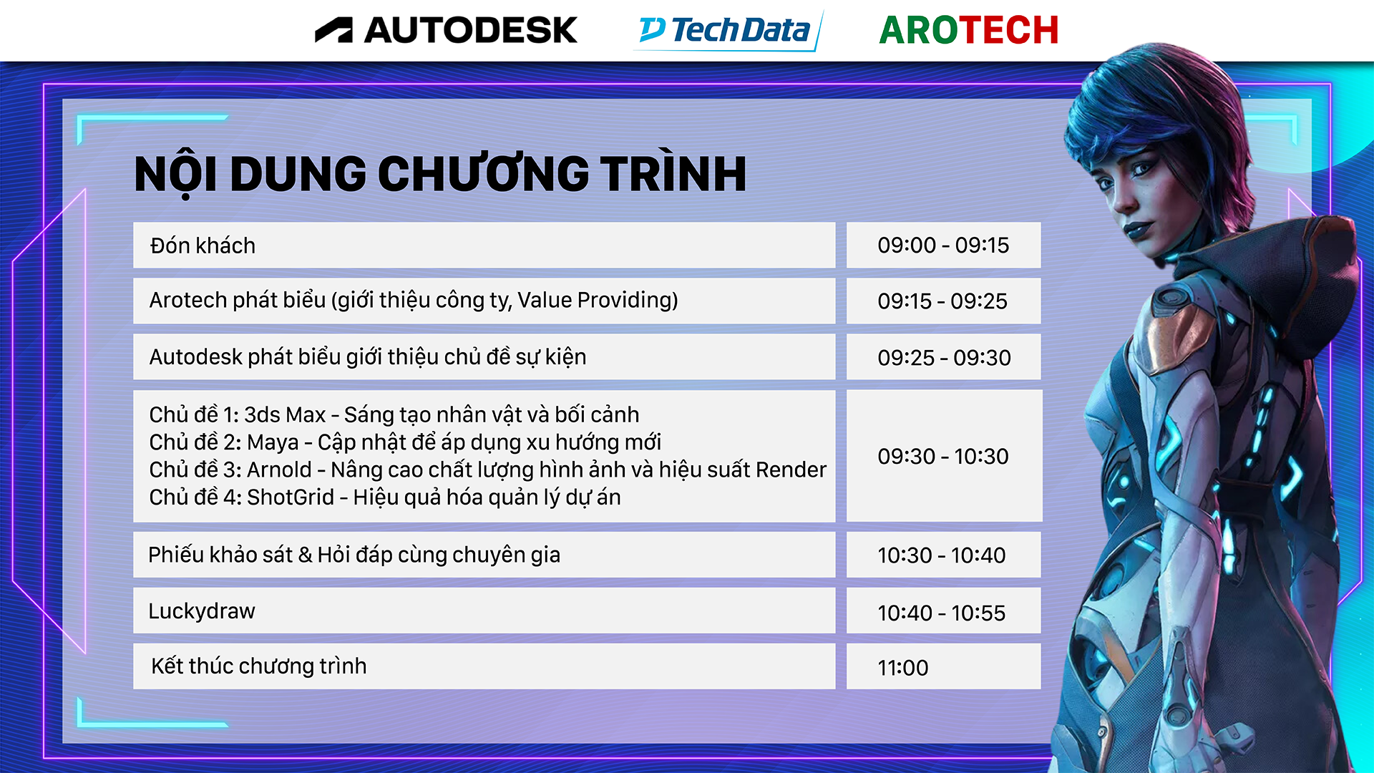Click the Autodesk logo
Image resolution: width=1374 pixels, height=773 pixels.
click(446, 30)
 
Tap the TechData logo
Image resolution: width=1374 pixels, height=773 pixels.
click(729, 31)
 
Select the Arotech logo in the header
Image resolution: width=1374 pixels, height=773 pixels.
click(969, 30)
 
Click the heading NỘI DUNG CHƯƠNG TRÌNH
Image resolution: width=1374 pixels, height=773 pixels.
click(440, 174)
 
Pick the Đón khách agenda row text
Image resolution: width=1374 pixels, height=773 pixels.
click(203, 245)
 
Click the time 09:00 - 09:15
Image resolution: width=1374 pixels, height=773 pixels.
click(943, 245)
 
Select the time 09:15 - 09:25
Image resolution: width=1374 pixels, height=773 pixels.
click(942, 301)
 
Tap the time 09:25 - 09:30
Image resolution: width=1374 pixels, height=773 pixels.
click(944, 358)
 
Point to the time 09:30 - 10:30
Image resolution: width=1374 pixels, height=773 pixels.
click(943, 456)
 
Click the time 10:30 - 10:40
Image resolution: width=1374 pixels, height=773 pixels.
click(942, 555)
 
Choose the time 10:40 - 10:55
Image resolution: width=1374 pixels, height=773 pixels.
click(942, 613)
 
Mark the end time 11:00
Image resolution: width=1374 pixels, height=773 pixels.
click(903, 669)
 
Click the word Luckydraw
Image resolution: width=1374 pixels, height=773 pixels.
click(202, 611)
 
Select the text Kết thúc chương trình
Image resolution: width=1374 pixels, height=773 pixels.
click(258, 666)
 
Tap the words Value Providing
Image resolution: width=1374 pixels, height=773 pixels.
click(598, 300)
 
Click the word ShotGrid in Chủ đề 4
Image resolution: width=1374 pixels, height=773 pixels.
click(291, 497)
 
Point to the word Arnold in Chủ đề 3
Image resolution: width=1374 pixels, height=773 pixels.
click(279, 470)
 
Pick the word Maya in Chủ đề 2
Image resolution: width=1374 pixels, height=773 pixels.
click(272, 442)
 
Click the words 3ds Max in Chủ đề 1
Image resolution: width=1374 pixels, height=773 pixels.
click(285, 414)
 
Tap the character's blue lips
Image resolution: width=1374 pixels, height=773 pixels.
click(1136, 231)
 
